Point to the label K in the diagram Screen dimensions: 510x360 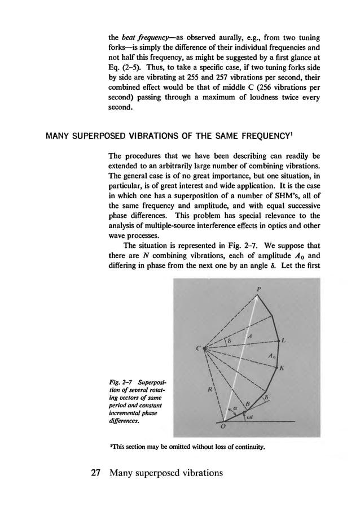281,369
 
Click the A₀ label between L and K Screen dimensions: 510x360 273,356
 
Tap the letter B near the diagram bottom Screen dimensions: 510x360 247,403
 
